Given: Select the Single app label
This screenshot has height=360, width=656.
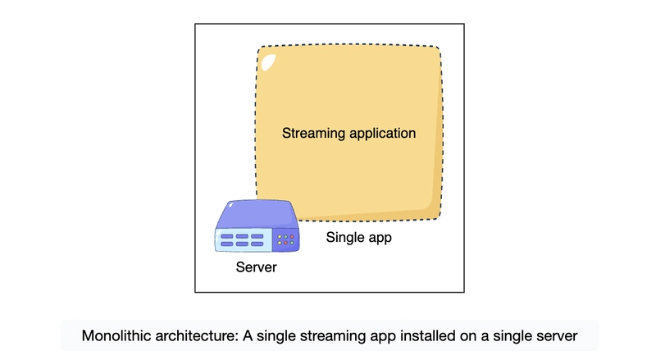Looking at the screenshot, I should pyautogui.click(x=359, y=239).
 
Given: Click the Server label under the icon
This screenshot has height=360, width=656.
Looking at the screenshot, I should pyautogui.click(x=256, y=267).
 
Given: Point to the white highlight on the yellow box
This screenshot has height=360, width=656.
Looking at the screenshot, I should pyautogui.click(x=266, y=60).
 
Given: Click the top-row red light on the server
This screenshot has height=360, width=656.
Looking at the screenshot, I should pyautogui.click(x=293, y=237).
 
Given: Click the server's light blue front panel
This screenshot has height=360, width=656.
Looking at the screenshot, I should pyautogui.click(x=243, y=239).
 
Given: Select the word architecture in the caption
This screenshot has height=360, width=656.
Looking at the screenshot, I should pyautogui.click(x=193, y=336).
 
